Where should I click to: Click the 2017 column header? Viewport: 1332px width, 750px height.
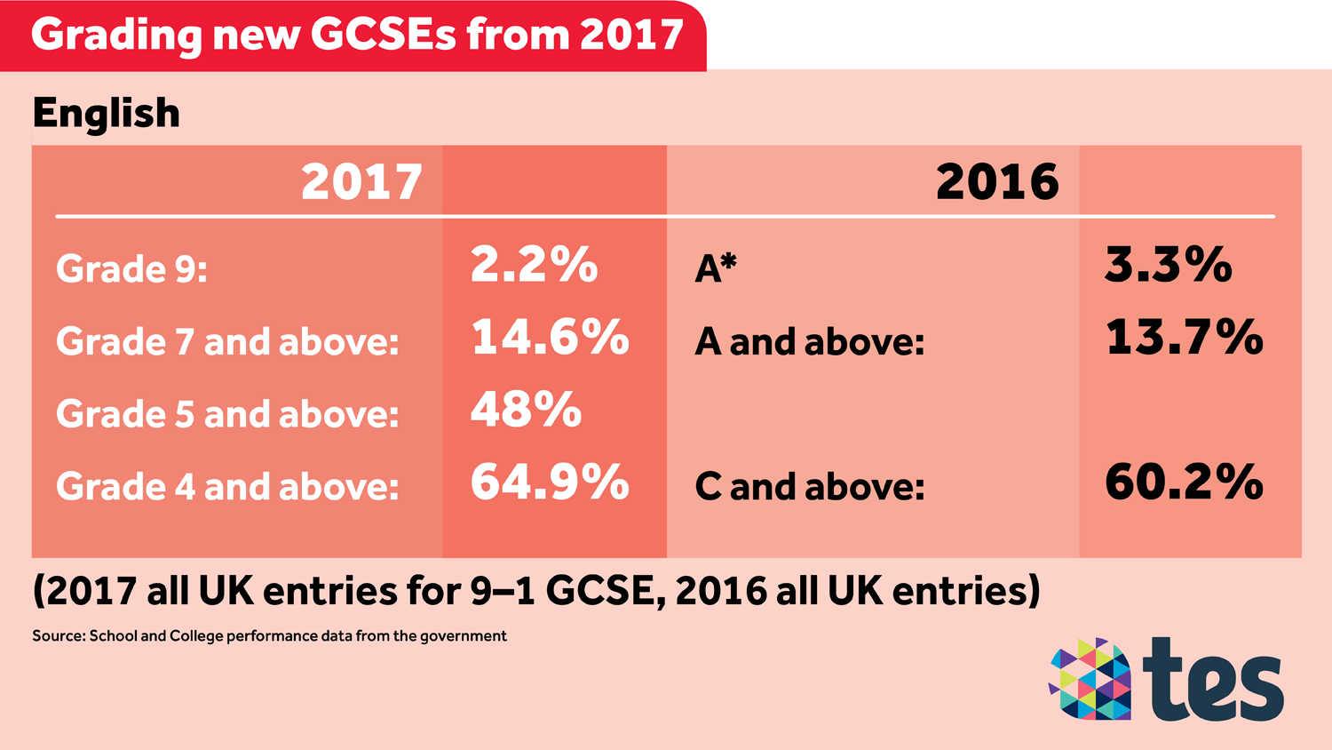tap(361, 182)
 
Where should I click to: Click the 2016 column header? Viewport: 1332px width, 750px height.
tap(997, 182)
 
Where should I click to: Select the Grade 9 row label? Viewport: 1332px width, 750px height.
tap(131, 268)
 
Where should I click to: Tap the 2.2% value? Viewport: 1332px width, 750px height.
tap(534, 265)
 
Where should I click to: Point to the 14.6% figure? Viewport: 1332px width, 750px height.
tap(550, 338)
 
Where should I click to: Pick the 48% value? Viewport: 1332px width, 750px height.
tap(526, 411)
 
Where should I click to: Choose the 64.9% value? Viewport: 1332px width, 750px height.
tap(550, 483)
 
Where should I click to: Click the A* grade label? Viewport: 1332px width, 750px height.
tap(716, 267)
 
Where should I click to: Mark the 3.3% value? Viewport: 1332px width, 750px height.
tap(1168, 265)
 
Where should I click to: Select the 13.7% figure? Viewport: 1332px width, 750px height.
tap(1184, 338)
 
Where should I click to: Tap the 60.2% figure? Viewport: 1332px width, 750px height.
tap(1184, 483)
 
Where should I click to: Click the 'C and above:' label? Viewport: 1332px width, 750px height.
tap(809, 487)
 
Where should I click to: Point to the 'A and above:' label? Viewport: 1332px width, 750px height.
tap(809, 342)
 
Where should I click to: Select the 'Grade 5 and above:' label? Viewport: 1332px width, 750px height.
tap(227, 414)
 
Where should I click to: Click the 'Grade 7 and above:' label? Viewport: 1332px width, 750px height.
tap(227, 342)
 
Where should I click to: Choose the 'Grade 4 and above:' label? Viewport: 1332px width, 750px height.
tap(227, 487)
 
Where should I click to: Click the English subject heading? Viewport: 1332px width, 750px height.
tap(106, 114)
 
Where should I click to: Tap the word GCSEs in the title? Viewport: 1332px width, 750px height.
tap(383, 35)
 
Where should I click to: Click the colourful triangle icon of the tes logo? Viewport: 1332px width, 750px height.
tap(1090, 679)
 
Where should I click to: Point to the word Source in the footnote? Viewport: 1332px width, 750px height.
tap(57, 636)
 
